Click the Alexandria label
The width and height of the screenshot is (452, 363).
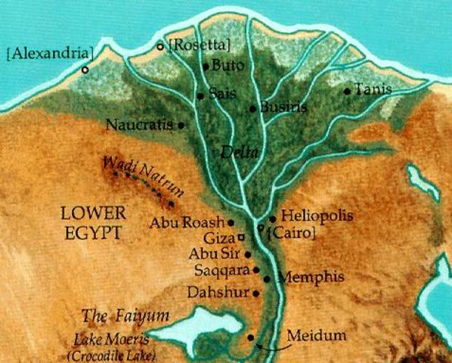coord(50,54)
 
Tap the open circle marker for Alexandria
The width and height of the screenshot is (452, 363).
coord(85,70)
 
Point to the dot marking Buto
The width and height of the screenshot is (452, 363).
coord(206,67)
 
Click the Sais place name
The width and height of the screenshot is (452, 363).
coord(218,95)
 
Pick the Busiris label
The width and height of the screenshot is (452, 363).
coord(283,107)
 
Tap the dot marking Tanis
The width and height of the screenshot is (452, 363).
coord(346,92)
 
